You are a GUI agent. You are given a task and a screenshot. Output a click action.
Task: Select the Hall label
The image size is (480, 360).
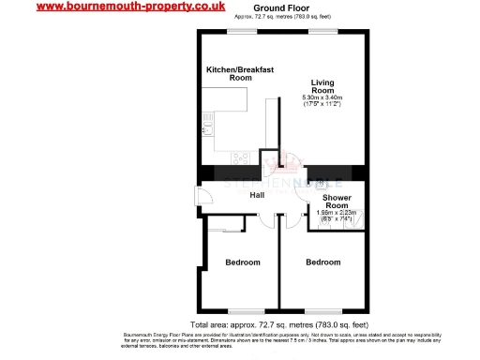tap(256, 195)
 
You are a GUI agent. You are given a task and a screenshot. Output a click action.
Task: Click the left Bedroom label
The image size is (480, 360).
tap(242, 262)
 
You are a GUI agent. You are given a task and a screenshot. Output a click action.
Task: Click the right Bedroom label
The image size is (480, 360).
tap(322, 262)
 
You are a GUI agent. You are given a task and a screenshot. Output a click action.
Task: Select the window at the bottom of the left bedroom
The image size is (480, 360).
tap(241, 310)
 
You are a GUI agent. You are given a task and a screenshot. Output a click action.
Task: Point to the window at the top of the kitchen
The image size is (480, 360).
tap(246, 30)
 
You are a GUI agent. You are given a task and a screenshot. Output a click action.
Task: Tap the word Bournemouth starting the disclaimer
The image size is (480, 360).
tap(142, 335)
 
